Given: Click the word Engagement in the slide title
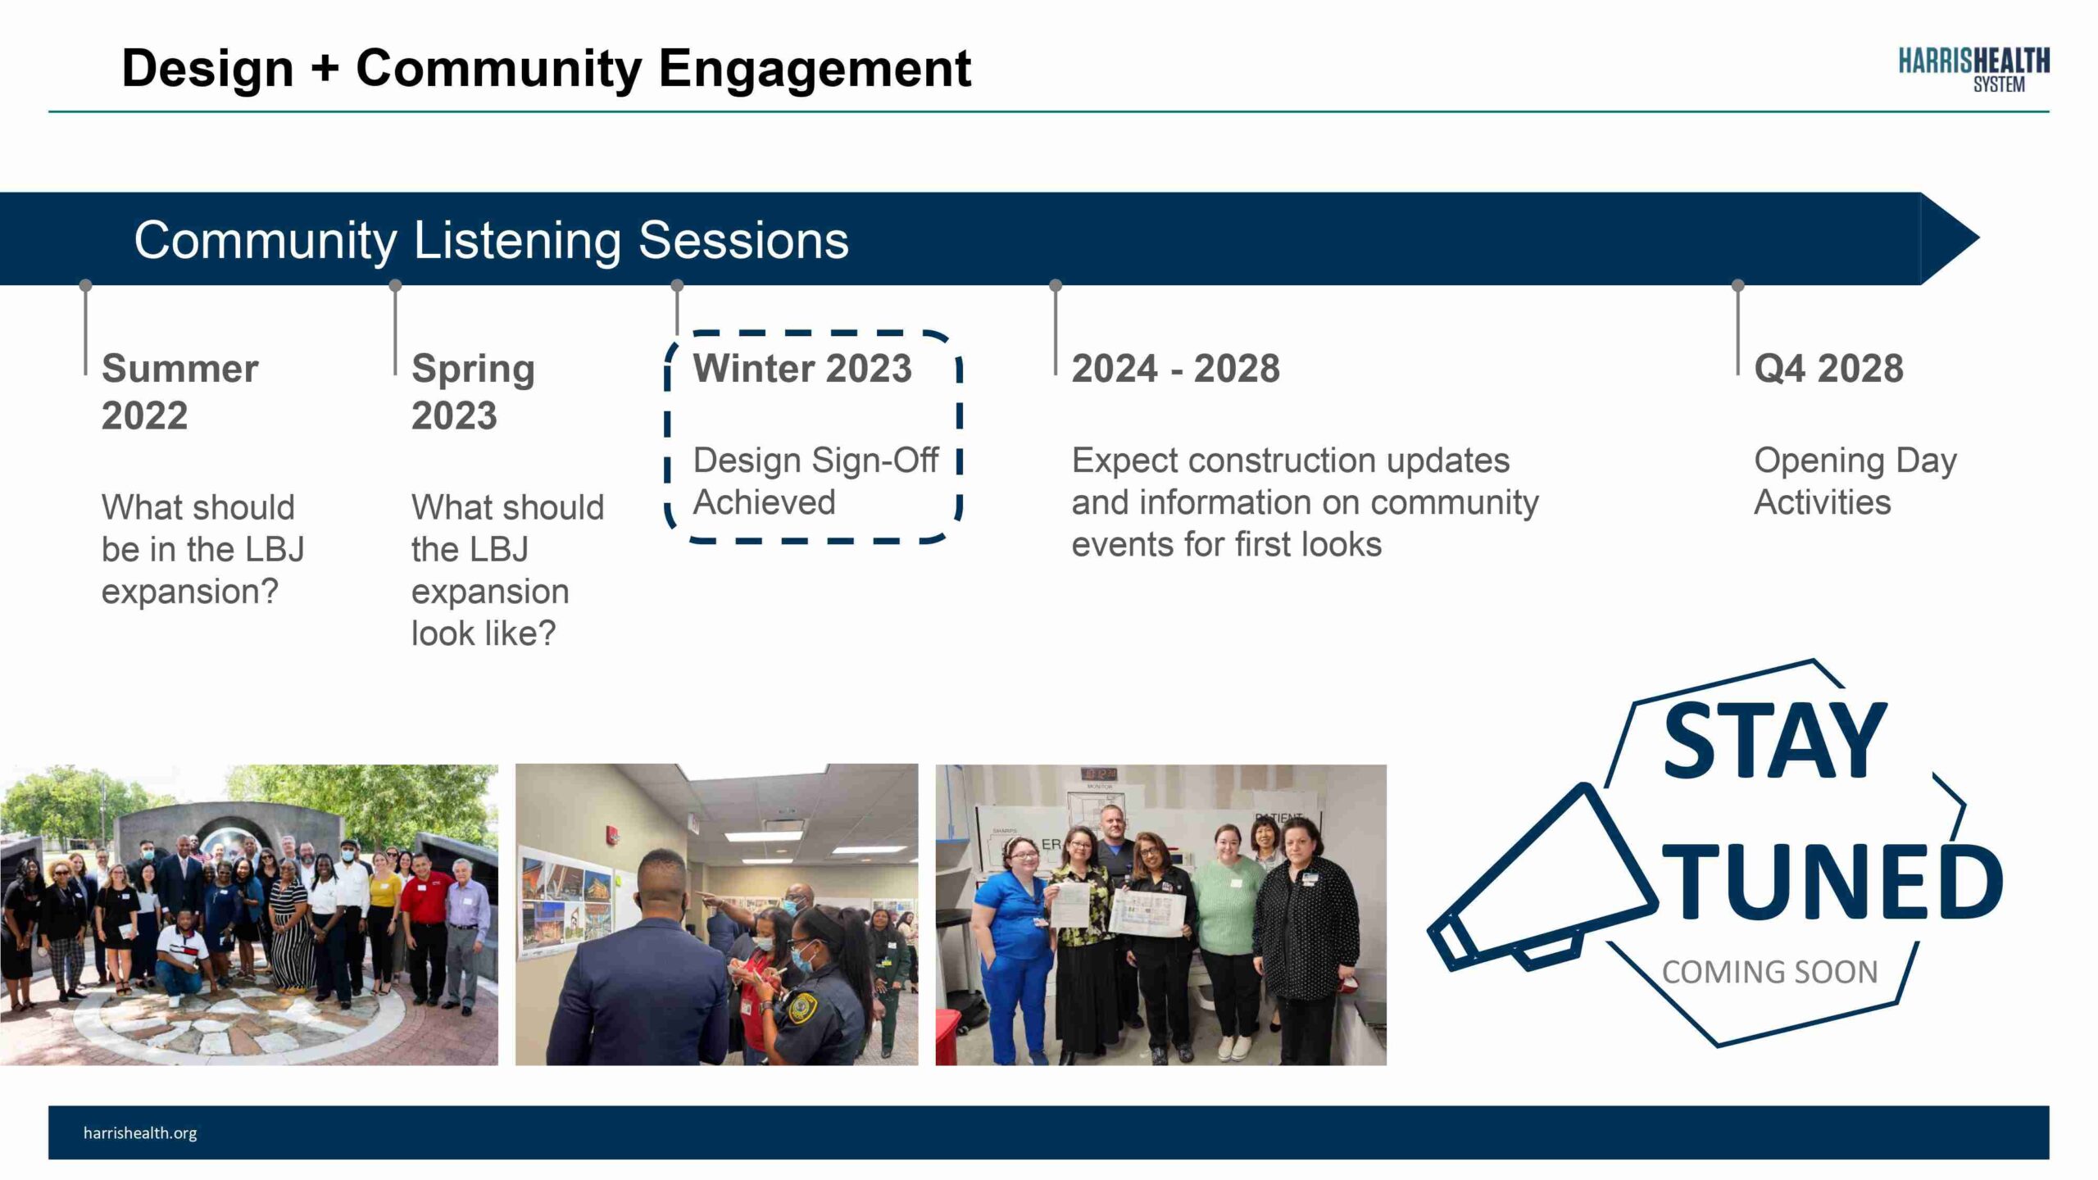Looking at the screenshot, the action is (x=815, y=69).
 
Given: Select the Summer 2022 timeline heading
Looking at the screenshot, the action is (x=180, y=392).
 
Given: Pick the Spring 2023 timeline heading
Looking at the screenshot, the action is (x=473, y=392).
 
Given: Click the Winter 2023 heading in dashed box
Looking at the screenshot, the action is (x=802, y=368).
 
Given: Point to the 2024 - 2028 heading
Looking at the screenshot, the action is (x=1175, y=368).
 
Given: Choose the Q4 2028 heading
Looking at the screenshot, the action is (x=1828, y=368).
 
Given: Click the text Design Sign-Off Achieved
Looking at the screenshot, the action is (x=815, y=481).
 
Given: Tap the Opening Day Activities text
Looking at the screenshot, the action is (x=1855, y=481).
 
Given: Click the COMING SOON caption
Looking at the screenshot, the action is (x=1769, y=972).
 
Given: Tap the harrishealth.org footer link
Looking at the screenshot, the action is (x=140, y=1133).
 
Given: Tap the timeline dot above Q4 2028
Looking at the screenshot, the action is (x=1737, y=285).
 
